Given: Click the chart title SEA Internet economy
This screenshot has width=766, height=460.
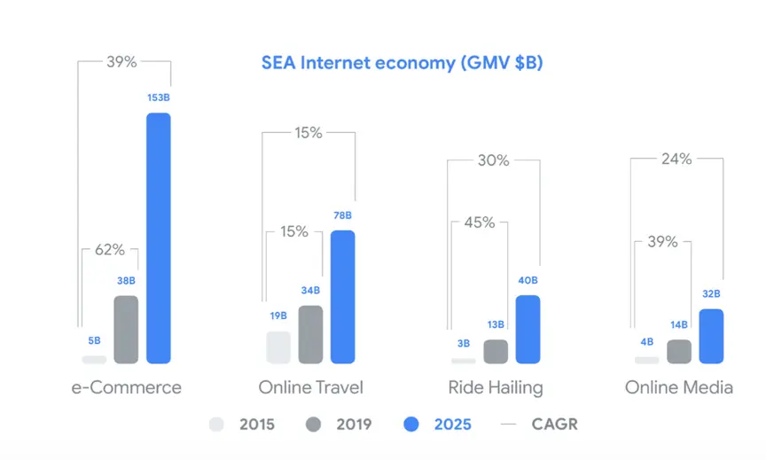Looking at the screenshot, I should coord(402,63).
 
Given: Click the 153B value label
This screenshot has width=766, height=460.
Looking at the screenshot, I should coord(158,97).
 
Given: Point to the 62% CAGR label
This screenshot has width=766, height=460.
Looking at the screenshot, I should coord(110,250).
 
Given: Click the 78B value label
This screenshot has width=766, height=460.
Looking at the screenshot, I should coord(342,215).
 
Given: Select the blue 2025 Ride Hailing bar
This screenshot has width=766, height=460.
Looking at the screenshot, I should coord(528,329).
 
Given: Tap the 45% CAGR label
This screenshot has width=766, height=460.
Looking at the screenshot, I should coord(479,222).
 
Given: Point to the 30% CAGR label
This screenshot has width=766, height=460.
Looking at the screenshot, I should coord(493,160).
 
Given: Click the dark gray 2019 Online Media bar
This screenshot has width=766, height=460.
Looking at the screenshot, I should coord(679,351).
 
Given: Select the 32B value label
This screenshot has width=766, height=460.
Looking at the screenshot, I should coord(711,294).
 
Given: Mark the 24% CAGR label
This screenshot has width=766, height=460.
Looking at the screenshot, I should coord(676,160).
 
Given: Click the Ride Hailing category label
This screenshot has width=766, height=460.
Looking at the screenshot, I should coord(496,387).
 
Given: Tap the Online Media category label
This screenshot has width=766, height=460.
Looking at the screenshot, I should coord(679,387).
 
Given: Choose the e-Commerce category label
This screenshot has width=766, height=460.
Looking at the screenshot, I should coord(126,387).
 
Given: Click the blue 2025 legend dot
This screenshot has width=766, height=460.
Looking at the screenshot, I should coord(410,425).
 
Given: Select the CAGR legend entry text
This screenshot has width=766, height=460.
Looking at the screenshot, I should coord(554,425).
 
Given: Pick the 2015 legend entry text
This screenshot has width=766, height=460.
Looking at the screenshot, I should coord(257,425).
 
